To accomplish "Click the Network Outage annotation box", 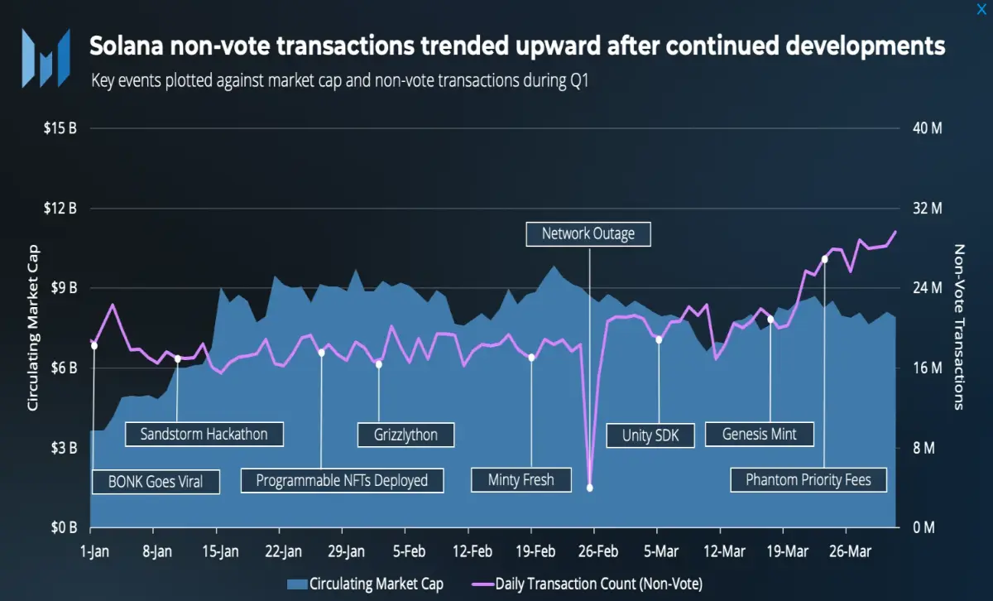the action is pos(588,234).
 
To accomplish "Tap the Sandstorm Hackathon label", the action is pos(204,435).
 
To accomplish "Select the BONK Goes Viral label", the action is pos(156,482).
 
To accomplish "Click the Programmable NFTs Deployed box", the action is pos(343,481).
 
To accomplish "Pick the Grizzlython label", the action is pos(405,435).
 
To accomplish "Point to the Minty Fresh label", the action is pos(520,480).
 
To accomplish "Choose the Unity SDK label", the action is pos(650,435).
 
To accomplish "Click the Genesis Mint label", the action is pos(760,435).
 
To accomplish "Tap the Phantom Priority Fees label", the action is pos(808,480).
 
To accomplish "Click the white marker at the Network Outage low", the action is pos(589,488).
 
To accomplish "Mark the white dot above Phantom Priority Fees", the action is pos(824,259).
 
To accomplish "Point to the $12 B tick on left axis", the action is pos(60,208).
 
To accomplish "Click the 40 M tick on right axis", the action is pos(928,128).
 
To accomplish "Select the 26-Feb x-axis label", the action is pos(598,551).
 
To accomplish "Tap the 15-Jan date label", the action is pos(220,551).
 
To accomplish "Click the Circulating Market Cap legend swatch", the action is pos(297,584).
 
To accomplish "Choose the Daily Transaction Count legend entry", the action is pos(588,584).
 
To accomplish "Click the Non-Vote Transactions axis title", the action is pos(958,327).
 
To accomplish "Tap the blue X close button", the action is pos(981,9).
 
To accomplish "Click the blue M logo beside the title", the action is pos(46,58).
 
